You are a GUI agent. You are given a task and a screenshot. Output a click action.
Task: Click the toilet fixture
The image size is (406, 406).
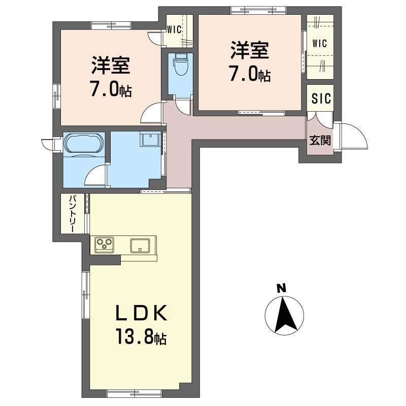(x=181, y=64)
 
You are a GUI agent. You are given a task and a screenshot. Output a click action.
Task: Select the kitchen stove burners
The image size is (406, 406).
(x=104, y=244)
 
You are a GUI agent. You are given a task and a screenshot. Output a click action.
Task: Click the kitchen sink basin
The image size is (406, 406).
(x=140, y=245)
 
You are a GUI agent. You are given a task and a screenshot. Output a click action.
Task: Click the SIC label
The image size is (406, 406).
(x=321, y=98)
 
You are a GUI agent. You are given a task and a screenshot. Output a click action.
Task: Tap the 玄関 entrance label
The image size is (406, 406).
(x=320, y=141)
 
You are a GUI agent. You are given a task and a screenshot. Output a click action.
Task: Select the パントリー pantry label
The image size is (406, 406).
(x=72, y=214)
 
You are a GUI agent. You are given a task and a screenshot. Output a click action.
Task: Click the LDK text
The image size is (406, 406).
(x=141, y=313)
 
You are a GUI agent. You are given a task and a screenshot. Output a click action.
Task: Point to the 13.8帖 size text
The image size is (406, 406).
(x=141, y=336)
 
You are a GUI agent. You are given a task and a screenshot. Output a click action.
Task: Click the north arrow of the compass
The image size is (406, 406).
(x=285, y=314)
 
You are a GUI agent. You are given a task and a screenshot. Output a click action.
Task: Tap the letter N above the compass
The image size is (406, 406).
(x=281, y=288)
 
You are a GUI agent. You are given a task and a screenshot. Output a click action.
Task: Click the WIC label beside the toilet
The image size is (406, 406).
(x=174, y=29)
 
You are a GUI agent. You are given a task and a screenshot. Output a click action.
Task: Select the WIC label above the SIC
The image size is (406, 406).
(x=320, y=43)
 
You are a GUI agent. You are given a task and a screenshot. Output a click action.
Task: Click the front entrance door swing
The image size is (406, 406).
(x=354, y=136)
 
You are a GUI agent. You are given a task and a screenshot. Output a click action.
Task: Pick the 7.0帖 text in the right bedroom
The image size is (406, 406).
(x=250, y=74)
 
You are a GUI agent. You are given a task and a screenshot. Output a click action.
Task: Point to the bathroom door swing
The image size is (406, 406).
(x=95, y=175)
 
